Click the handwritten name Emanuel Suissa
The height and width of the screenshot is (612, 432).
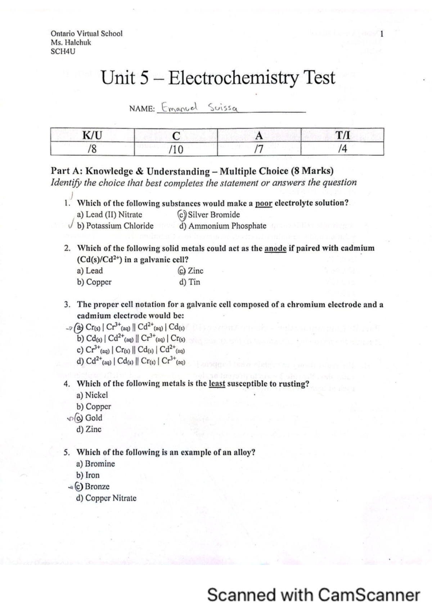point(199,107)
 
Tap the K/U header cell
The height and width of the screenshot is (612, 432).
point(92,135)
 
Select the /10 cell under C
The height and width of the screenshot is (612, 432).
point(176,149)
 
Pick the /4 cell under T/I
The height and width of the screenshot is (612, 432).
point(342,149)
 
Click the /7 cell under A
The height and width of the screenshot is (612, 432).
point(259,149)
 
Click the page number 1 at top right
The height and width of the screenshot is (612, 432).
point(382,34)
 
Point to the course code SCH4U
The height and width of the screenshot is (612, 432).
point(63,51)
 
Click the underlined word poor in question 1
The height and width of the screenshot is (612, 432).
point(264,203)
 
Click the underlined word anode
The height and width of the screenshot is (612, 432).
point(275,248)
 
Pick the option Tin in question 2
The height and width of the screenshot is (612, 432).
point(194,282)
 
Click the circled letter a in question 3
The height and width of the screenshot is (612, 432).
point(79,328)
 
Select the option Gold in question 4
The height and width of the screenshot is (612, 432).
point(94,418)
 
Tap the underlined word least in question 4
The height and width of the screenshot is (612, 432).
point(217,384)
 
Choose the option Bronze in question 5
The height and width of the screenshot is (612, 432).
point(97,487)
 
